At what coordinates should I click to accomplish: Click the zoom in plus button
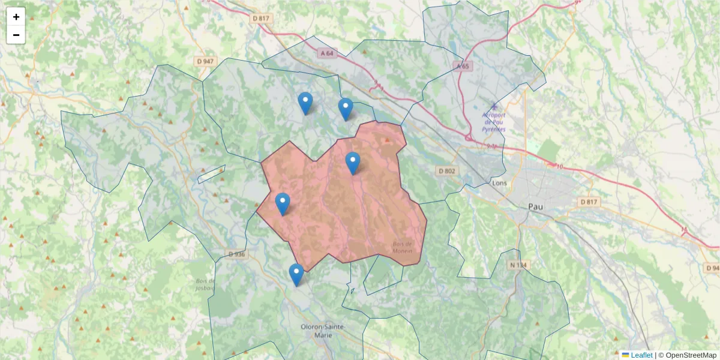[16, 17]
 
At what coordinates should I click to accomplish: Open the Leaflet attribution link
[641, 355]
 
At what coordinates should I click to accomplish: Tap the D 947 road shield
[205, 61]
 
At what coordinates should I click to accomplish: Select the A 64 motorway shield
[326, 53]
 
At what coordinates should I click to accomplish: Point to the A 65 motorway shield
[462, 66]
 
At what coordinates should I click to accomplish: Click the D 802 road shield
[447, 171]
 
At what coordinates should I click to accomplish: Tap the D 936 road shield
[237, 254]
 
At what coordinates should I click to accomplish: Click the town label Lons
[499, 182]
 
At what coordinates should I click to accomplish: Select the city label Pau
[535, 206]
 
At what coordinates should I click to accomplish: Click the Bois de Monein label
[403, 247]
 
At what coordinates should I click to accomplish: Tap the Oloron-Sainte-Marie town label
[322, 331]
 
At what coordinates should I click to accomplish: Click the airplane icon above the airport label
[494, 106]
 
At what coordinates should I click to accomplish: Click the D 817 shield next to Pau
[590, 202]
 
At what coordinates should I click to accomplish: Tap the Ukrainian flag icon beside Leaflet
[625, 355]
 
